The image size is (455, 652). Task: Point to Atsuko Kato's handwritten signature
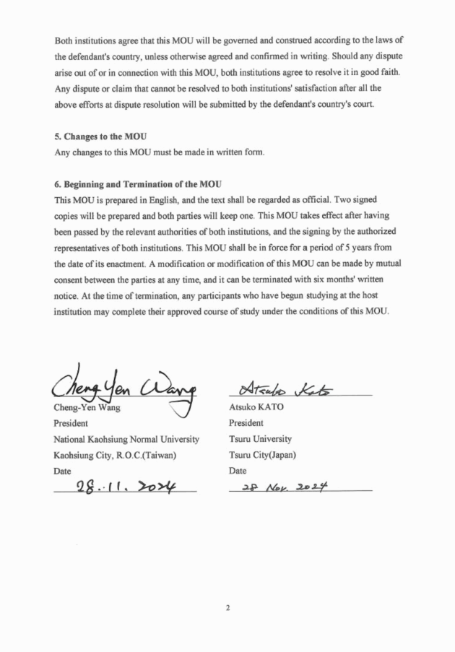click(295, 388)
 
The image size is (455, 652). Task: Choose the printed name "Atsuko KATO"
click(257, 408)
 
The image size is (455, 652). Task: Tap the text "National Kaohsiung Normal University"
click(126, 439)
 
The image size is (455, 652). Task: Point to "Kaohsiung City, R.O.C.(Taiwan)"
click(115, 455)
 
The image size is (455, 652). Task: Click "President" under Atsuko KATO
click(246, 424)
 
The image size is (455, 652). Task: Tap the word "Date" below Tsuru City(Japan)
click(238, 471)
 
